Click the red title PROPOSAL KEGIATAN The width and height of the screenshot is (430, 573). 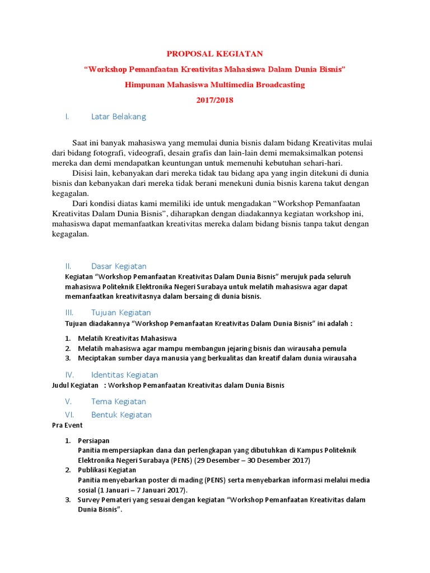(x=215, y=54)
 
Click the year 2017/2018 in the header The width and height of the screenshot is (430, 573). (x=215, y=100)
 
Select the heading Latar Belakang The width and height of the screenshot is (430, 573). (x=118, y=116)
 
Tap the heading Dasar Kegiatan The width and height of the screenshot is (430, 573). (x=119, y=266)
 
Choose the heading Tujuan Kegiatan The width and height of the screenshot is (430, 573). (x=121, y=312)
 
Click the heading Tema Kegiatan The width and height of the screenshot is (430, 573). (x=118, y=401)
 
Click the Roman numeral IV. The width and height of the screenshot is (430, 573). (x=69, y=374)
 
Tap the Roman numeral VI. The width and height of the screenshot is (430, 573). (x=69, y=415)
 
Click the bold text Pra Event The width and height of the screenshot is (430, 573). (x=67, y=425)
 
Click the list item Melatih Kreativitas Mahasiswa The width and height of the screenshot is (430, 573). (x=127, y=339)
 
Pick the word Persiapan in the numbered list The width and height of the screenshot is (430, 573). (x=94, y=441)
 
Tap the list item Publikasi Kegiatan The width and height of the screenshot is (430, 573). (x=106, y=470)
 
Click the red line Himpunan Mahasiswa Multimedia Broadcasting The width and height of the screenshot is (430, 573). (x=215, y=84)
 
